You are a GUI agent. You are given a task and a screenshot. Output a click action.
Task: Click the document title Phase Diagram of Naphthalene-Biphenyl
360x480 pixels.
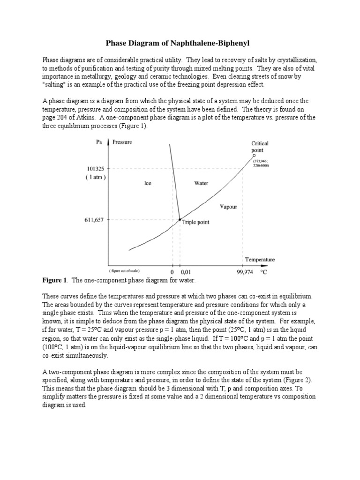pos(180,44)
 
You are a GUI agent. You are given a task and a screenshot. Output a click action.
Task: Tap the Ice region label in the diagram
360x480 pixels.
pos(147,184)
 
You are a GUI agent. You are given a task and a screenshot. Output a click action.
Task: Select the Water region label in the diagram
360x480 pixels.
pos(201,184)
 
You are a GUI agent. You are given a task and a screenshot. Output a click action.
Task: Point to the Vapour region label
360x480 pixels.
pos(228,206)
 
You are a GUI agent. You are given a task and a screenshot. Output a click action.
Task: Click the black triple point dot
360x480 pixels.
pos(180,219)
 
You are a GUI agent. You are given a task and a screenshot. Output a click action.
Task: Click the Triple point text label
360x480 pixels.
pos(196,223)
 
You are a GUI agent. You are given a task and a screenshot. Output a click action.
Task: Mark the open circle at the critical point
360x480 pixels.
pos(254,156)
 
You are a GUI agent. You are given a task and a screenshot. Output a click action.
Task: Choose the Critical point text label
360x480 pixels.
pos(260,147)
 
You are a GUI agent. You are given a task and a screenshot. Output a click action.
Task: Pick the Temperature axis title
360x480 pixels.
pos(259,259)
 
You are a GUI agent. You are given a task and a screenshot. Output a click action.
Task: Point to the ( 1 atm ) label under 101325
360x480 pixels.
pos(96,177)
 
